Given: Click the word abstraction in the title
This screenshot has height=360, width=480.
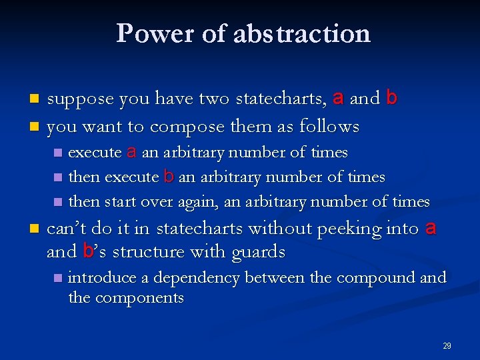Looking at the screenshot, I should click(x=302, y=33).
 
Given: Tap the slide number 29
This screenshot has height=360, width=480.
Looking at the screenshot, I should click(x=447, y=346).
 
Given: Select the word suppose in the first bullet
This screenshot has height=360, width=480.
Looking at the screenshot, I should click(x=83, y=99).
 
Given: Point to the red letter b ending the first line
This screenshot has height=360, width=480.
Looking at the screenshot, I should click(x=391, y=98).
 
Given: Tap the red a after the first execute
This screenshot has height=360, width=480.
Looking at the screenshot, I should click(x=131, y=152).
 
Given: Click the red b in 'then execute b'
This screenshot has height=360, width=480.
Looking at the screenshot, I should click(x=169, y=177).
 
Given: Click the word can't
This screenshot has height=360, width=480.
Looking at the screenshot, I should click(x=67, y=229).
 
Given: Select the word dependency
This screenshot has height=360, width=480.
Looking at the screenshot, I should click(x=194, y=278).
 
